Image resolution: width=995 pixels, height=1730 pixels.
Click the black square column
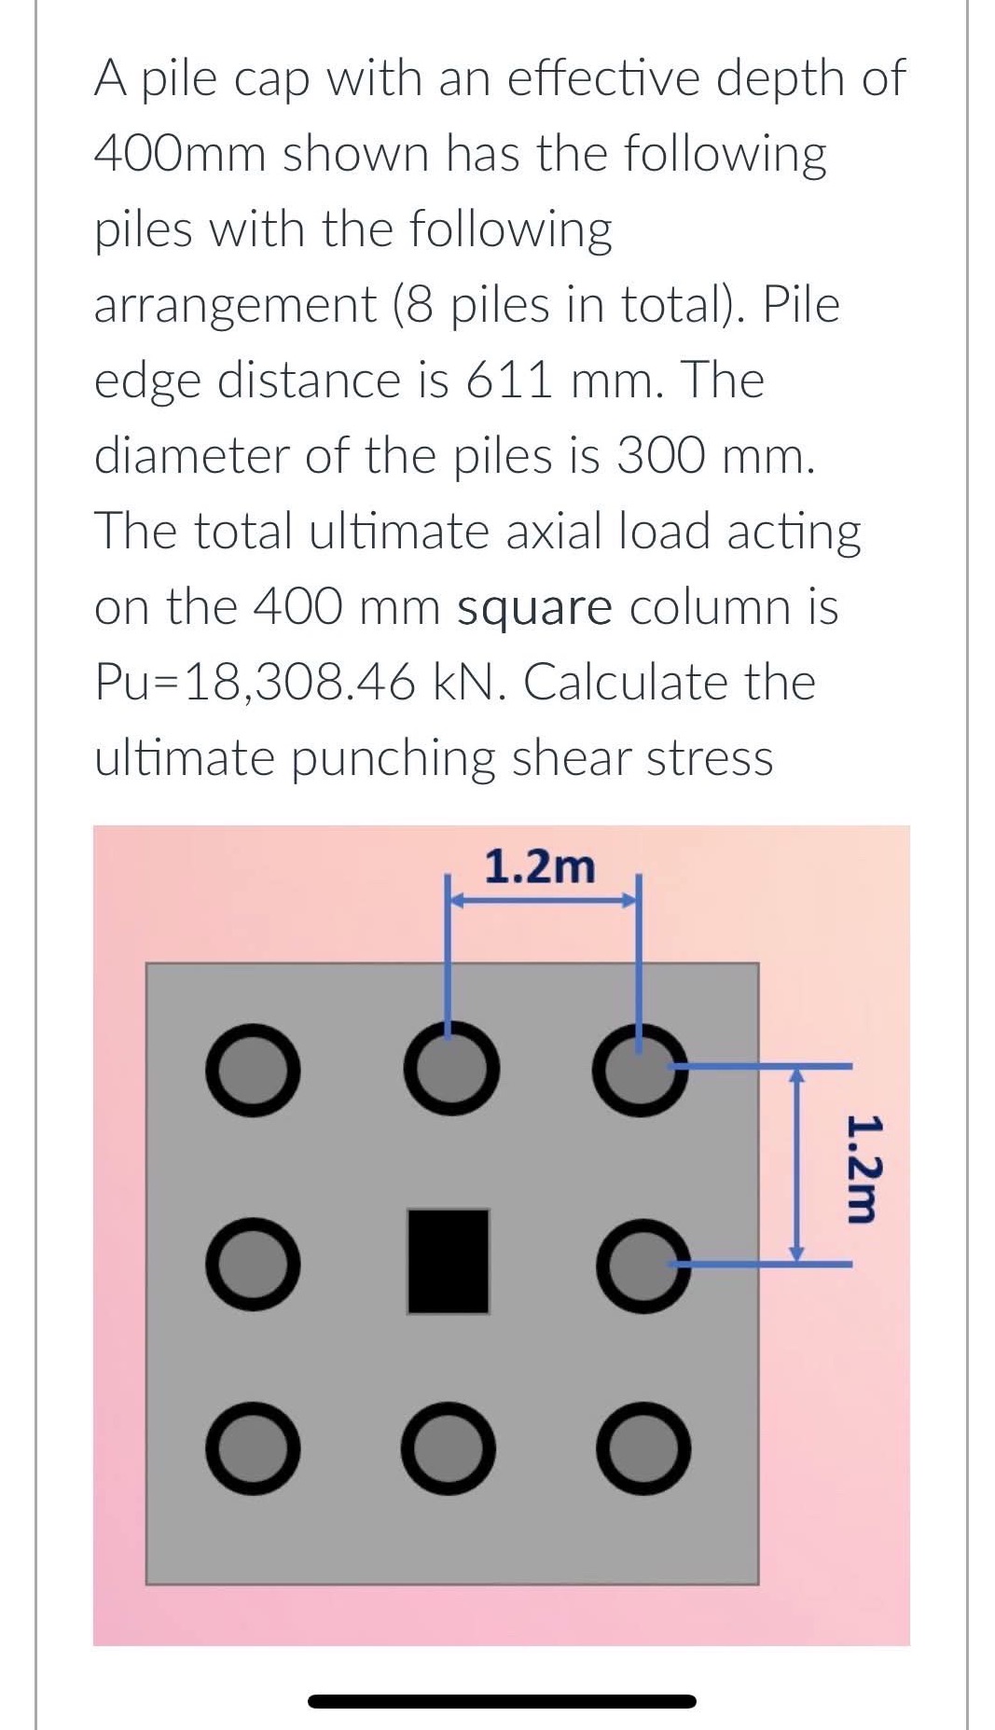point(448,1261)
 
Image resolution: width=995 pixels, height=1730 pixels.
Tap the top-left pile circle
point(253,1069)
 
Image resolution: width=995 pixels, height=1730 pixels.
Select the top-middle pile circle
point(450,1069)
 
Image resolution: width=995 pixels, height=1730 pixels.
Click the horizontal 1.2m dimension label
point(540,868)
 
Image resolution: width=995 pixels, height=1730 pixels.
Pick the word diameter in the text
point(191,456)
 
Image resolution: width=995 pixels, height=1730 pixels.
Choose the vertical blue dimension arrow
point(795,1165)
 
